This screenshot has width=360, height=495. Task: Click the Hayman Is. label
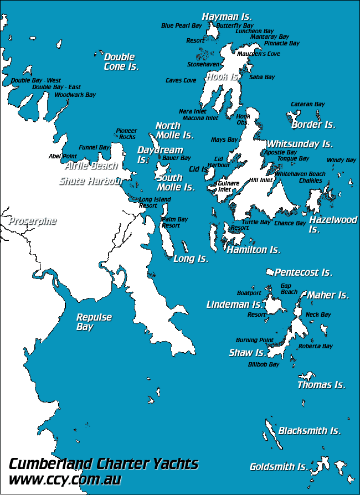[227, 17]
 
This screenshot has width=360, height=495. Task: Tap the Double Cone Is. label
[121, 61]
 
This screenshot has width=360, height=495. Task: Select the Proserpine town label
[32, 221]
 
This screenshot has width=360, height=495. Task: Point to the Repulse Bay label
[94, 322]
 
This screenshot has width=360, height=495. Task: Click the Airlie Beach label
[91, 166]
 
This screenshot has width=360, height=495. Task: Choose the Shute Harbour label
[91, 181]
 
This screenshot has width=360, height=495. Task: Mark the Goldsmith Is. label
[279, 467]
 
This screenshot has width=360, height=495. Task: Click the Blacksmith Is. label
[309, 430]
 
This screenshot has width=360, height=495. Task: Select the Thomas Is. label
[321, 385]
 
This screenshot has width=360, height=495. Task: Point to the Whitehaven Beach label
[300, 174]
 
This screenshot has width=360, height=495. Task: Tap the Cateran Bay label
[308, 104]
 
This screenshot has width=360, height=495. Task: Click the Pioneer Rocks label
[126, 134]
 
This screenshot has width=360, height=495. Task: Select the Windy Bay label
[341, 161]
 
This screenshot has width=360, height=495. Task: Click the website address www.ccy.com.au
[65, 479]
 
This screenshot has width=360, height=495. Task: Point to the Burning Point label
[254, 340]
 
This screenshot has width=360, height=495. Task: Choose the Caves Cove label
[181, 80]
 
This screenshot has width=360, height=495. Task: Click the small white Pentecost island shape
[270, 272]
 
